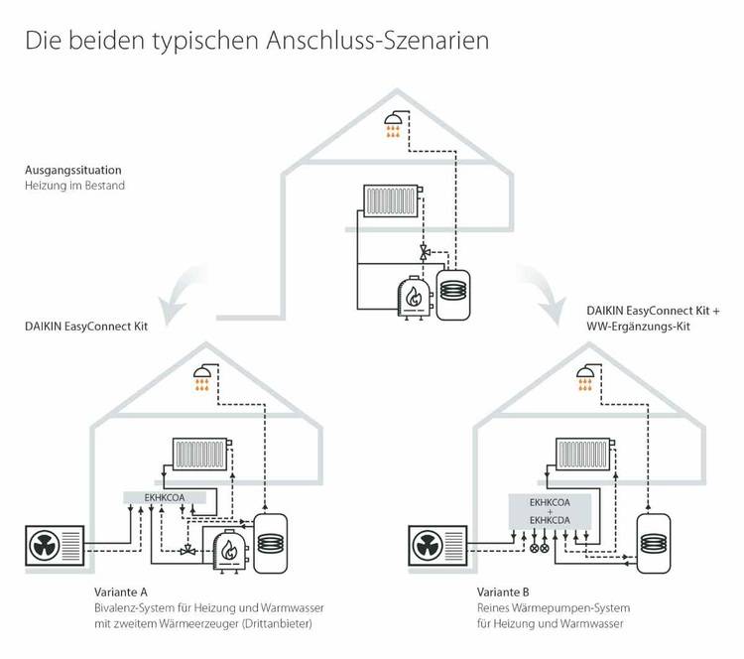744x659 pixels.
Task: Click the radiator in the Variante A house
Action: coord(202,455)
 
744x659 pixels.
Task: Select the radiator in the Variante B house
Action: coord(584,455)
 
